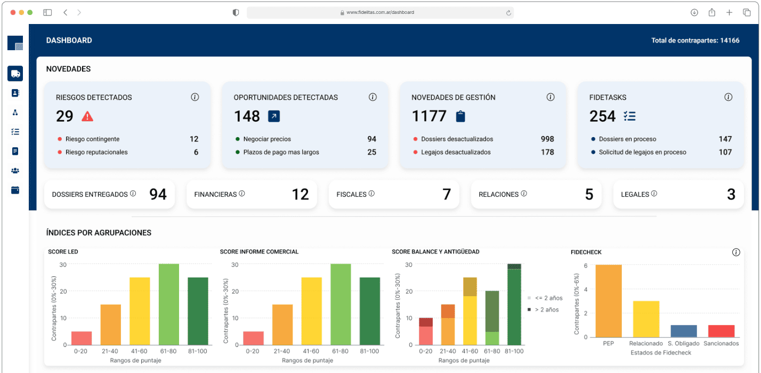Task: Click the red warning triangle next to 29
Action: click(87, 116)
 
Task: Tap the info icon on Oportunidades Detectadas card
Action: click(373, 97)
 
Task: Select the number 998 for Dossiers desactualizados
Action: click(547, 139)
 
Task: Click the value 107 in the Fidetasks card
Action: click(725, 152)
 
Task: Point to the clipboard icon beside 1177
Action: click(460, 116)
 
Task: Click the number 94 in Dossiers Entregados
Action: click(158, 194)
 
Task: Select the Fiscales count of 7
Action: click(447, 194)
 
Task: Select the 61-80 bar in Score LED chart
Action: click(168, 304)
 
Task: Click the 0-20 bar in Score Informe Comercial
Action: click(253, 338)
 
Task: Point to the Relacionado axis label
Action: click(645, 344)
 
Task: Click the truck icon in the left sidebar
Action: click(15, 74)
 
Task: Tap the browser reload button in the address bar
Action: click(508, 12)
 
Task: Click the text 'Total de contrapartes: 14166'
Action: click(695, 41)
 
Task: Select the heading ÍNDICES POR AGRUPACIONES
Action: click(99, 233)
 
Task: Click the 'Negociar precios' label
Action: click(267, 139)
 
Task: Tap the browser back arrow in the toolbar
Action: click(65, 12)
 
